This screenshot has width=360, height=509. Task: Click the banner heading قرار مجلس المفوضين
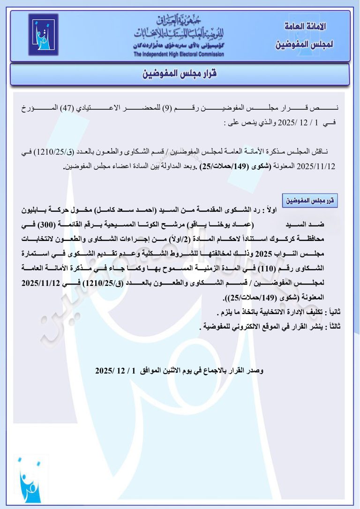(180, 74)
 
